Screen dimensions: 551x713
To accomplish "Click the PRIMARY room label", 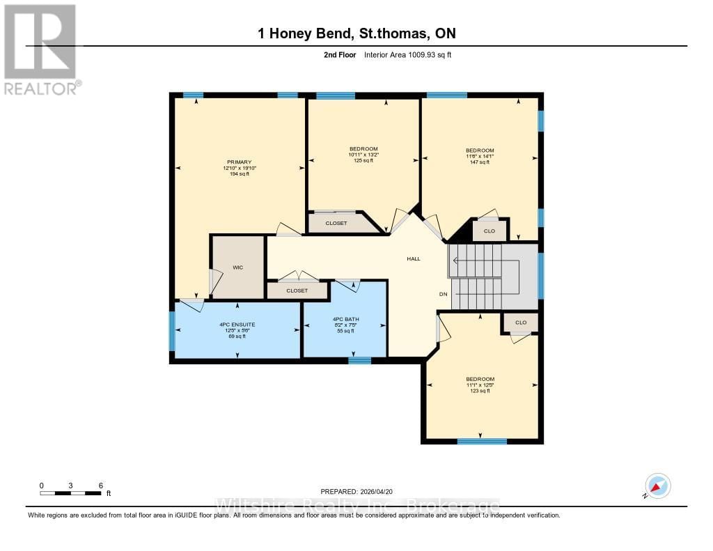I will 238,162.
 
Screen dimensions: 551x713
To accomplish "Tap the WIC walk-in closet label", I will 238,267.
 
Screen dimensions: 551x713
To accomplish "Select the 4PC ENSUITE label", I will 237,325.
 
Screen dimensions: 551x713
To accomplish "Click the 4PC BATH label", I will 345,319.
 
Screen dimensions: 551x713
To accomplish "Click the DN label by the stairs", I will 443,294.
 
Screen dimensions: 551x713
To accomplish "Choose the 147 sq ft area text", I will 480,162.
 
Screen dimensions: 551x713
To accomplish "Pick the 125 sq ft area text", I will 363,161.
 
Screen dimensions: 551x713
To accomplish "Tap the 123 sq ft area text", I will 480,391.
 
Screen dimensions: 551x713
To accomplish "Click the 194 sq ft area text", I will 239,174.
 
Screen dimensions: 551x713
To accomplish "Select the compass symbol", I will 657,486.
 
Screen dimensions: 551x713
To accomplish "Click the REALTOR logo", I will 40,49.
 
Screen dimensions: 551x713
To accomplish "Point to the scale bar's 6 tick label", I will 100,485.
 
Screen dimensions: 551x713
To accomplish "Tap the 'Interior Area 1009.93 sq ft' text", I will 408,55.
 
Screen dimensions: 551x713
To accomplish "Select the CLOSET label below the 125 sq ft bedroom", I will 336,223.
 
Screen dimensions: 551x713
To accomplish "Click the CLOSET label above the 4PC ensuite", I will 297,290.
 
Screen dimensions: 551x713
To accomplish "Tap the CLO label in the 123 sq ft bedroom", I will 521,323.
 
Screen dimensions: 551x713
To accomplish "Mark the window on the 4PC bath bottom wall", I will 359,360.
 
